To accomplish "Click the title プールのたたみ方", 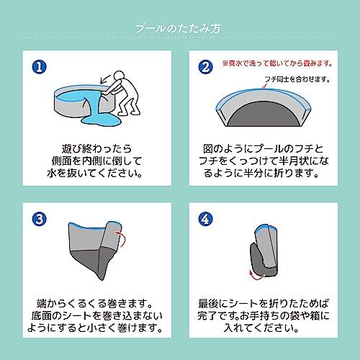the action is pos(178,28).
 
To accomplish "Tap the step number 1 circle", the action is pos(40,67).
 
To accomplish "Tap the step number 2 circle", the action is pos(206,67).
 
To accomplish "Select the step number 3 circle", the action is pos(40,219).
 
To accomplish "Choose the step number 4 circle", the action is pos(206,219).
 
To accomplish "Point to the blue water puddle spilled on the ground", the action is pos(101,120).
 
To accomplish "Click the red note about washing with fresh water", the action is pos(278,63).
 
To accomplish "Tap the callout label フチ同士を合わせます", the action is pos(297,79).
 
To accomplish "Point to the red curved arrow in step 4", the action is pos(256,275).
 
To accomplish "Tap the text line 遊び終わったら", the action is pos(97,149).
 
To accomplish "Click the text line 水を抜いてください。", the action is pos(94,174).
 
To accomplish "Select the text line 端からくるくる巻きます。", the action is pos(94,303).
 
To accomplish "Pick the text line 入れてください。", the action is pos(261,328).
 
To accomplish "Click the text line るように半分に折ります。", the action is pos(261,174).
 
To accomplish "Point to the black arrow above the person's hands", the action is pos(105,79).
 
